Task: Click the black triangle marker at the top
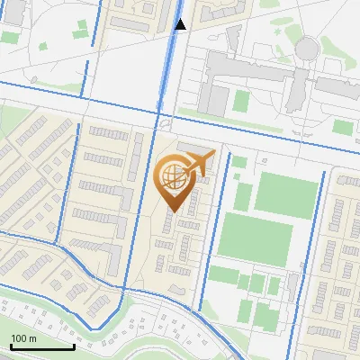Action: tap(180, 24)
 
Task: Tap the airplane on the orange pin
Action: tap(199, 164)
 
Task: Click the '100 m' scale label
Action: tap(23, 338)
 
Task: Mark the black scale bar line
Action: tap(42, 346)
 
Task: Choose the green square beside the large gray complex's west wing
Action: tap(240, 100)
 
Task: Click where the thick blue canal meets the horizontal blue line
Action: tap(159, 114)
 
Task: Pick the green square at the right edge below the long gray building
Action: tap(343, 127)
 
